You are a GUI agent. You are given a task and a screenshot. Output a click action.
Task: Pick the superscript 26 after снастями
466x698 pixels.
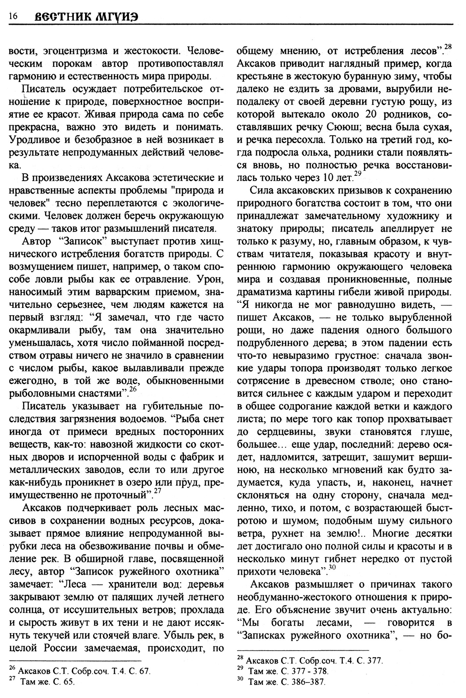tap(132, 389)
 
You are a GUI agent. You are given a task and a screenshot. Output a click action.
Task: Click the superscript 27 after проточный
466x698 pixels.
tap(158, 491)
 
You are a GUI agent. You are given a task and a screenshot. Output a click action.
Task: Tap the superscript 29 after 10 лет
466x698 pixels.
tap(357, 174)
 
